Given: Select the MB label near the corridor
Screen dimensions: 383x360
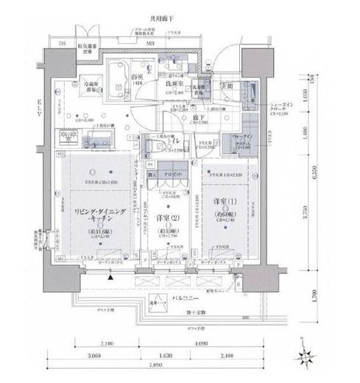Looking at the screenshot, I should [x=150, y=44].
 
